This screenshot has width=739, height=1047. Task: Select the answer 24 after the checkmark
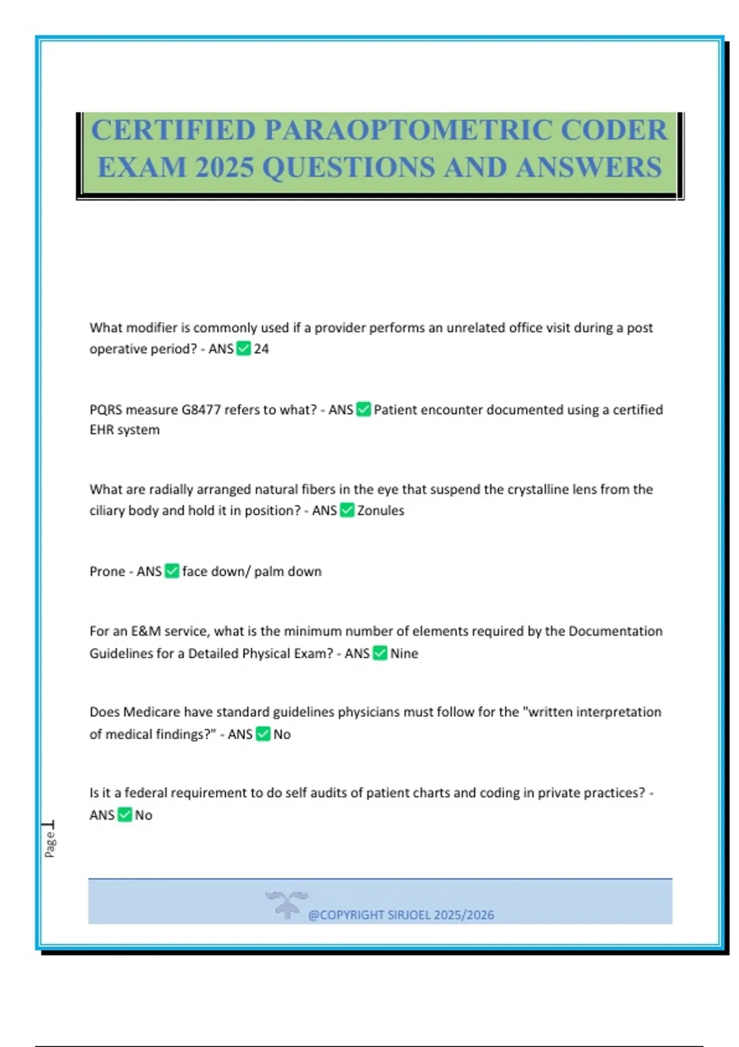click(x=261, y=349)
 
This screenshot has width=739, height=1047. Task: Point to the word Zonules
click(x=381, y=511)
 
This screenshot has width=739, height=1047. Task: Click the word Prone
click(x=107, y=572)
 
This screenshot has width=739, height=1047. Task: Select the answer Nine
click(x=404, y=653)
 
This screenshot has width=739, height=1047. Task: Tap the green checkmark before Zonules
click(x=347, y=511)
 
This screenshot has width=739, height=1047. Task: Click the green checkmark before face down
click(x=172, y=572)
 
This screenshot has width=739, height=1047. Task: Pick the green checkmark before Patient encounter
click(x=364, y=410)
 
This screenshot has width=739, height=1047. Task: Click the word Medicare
click(x=151, y=712)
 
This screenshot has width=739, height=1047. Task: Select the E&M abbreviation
click(x=146, y=631)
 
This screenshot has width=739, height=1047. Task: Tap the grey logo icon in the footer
click(x=286, y=904)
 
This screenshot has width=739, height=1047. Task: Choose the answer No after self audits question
click(x=143, y=815)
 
